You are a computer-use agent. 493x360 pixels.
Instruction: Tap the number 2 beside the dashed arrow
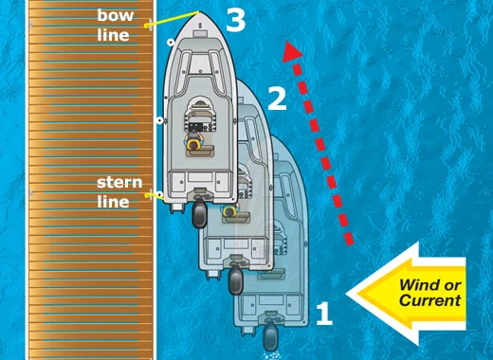tap(276, 98)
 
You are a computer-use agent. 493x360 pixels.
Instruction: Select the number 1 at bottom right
tap(323, 314)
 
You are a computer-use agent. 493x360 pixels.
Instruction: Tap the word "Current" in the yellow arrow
tap(429, 300)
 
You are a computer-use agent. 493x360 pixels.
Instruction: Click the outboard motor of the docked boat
tap(200, 214)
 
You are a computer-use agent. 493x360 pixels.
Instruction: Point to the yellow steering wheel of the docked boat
tap(197, 145)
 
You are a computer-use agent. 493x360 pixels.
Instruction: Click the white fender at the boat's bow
tap(168, 43)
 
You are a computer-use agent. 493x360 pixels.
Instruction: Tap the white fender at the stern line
tap(160, 197)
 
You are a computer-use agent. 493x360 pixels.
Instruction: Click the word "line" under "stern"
tap(113, 201)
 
